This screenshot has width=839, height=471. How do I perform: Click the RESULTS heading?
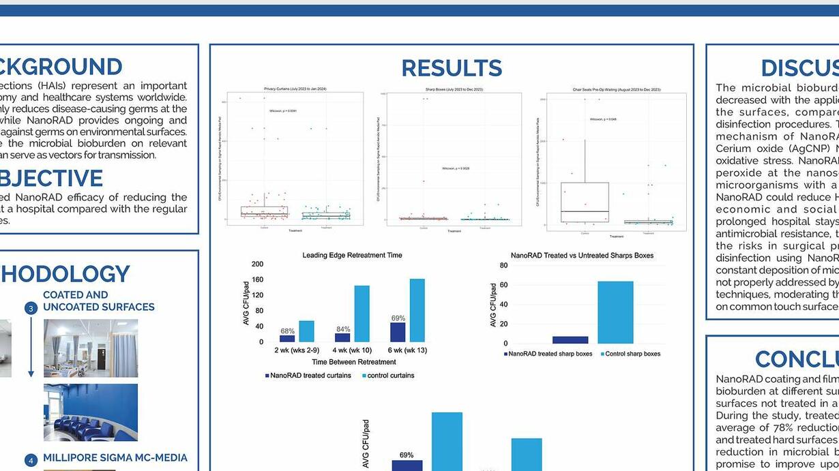tap(452, 68)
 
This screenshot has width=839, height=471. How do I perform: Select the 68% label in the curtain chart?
tap(287, 331)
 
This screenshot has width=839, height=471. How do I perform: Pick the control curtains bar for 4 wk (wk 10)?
tap(362, 314)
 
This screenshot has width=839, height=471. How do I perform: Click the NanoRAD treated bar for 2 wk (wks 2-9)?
tap(287, 338)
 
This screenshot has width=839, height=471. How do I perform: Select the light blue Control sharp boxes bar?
tap(615, 312)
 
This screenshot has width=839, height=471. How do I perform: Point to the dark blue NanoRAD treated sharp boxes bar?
tap(570, 339)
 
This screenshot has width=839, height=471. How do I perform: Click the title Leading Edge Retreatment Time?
tap(352, 255)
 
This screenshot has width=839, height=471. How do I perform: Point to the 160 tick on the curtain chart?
tap(257, 279)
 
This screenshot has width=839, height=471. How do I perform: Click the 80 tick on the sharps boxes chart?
tap(503, 265)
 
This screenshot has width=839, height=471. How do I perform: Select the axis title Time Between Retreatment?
tap(353, 362)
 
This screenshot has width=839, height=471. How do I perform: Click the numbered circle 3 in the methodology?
tap(31, 308)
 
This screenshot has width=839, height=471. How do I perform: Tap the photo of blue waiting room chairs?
tap(91, 412)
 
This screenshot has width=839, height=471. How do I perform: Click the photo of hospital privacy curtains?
tap(91, 348)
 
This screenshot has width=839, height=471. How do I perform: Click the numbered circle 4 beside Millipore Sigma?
tap(31, 460)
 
